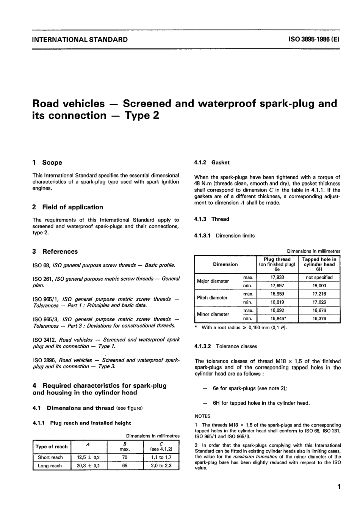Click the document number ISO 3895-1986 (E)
click(314, 39)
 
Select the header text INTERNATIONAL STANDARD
click(80, 39)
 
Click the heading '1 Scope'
click(47, 162)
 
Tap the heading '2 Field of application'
click(68, 207)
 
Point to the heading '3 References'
click(55, 251)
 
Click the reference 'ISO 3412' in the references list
click(44, 340)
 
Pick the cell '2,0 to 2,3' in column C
click(161, 465)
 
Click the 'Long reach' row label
click(50, 465)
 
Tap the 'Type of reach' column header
click(52, 446)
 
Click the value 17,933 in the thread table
click(277, 277)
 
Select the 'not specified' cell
click(319, 277)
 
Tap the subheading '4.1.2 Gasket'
click(212, 162)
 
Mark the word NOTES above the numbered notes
click(202, 416)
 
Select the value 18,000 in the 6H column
click(319, 286)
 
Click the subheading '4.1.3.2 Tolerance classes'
click(225, 346)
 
